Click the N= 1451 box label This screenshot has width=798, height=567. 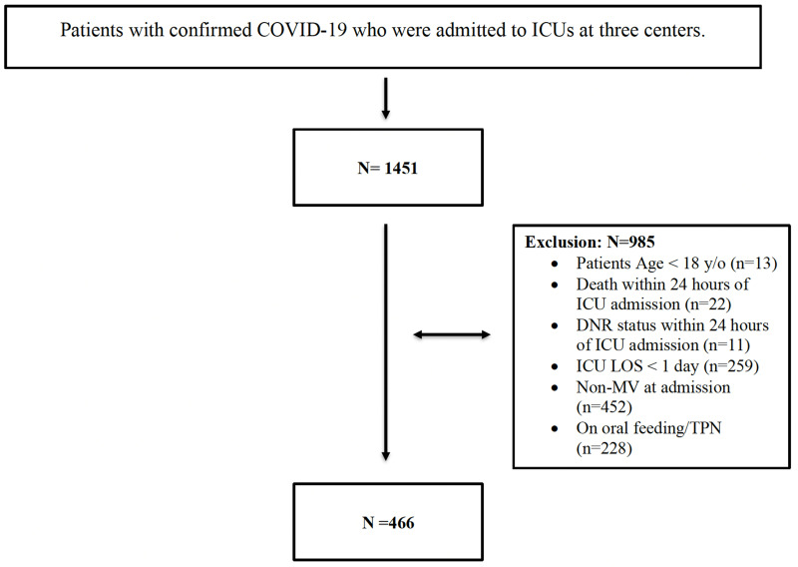coord(388,168)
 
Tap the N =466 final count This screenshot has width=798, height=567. coord(388,523)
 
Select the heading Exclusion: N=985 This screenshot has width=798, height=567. coord(590,242)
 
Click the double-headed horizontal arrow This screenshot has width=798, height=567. coord(452,334)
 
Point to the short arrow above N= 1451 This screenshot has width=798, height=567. coord(386,98)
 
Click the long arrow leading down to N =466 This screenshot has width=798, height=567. coord(386,342)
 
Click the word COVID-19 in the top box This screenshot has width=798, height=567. coord(302,30)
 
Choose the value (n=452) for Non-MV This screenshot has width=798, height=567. coord(604,407)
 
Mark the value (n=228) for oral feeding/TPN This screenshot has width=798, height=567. coord(604,448)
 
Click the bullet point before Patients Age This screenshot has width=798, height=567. coord(555,264)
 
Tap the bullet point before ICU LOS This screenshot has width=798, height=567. coord(555,366)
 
